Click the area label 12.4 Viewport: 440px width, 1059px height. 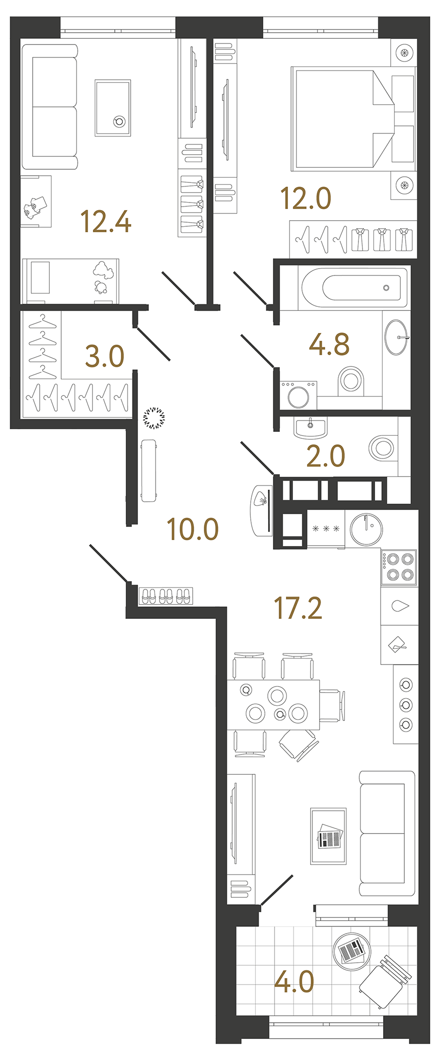pyautogui.click(x=106, y=222)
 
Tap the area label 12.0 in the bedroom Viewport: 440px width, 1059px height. pyautogui.click(x=306, y=198)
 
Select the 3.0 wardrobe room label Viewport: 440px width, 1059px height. pyautogui.click(x=104, y=357)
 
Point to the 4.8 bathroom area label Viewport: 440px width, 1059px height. pyautogui.click(x=329, y=345)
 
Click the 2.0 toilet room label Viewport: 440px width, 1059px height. pyautogui.click(x=326, y=456)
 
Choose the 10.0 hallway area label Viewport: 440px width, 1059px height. pyautogui.click(x=192, y=529)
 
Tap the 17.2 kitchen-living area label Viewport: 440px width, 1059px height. pyautogui.click(x=298, y=608)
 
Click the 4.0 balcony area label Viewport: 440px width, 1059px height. pyautogui.click(x=294, y=982)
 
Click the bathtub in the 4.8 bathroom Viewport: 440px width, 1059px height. pyautogui.click(x=354, y=288)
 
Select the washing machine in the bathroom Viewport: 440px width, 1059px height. pyautogui.click(x=299, y=395)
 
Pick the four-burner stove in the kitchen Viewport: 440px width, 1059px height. pyautogui.click(x=399, y=567)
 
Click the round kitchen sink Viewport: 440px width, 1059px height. pyautogui.click(x=366, y=529)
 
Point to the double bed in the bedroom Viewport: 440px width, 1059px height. pyautogui.click(x=342, y=119)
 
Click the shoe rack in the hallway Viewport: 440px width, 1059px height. pyautogui.click(x=166, y=596)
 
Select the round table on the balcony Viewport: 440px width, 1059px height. pyautogui.click(x=351, y=950)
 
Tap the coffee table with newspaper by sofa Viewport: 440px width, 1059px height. pyautogui.click(x=328, y=836)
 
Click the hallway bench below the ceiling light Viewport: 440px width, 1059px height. pyautogui.click(x=149, y=471)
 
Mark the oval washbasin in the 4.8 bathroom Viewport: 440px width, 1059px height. pyautogui.click(x=396, y=337)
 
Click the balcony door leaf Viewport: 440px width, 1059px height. pyautogui.click(x=277, y=890)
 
